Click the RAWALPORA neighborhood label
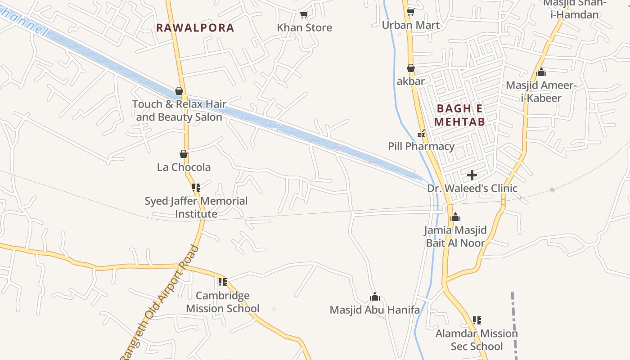coord(195,28)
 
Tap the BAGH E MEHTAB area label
coord(459,115)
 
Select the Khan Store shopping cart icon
coord(304,15)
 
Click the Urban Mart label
coord(410,25)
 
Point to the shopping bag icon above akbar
coord(410,68)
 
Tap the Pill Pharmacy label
coord(421,146)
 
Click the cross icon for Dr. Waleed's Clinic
coord(472,175)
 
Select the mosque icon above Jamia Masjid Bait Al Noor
coord(455,217)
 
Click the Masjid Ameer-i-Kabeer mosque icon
coord(541,72)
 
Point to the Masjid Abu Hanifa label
coord(374,310)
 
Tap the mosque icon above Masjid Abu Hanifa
coord(374,297)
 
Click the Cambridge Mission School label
coord(223,302)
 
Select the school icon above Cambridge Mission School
coord(222,282)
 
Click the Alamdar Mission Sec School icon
coord(477,320)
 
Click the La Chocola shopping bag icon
coord(184,154)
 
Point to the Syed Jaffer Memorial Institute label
coord(196,207)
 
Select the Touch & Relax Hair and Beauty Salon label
coord(179,110)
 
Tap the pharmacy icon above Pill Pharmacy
coord(421,133)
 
